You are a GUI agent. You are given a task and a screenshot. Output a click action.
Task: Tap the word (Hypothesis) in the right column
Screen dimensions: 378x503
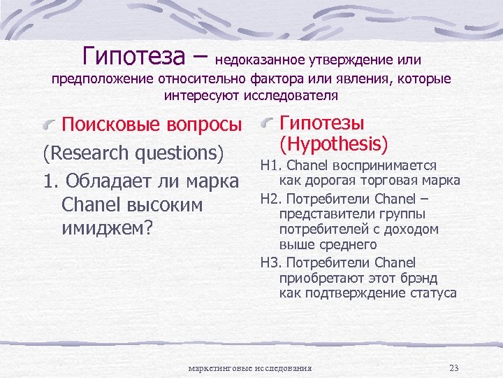333,144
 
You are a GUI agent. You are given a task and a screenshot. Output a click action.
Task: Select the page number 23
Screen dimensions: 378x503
454,368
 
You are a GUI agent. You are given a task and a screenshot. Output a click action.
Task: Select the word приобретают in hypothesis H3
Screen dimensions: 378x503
315,279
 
